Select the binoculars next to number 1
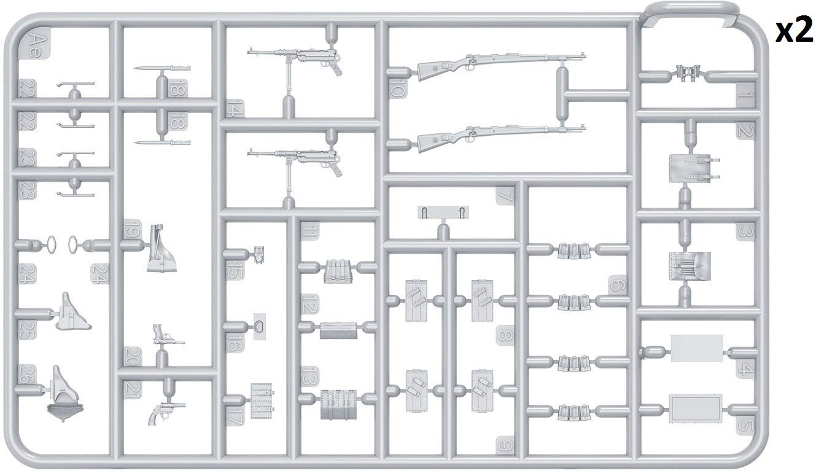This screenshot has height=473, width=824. click(x=685, y=74)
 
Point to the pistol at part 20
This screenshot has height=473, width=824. click(x=162, y=334)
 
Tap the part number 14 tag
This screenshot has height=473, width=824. click(x=233, y=108)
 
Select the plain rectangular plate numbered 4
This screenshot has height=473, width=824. click(x=696, y=348)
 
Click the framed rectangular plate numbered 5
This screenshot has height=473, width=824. click(x=695, y=407)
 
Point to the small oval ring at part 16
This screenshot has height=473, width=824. click(x=260, y=326)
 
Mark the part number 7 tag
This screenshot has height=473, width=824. click(x=505, y=197)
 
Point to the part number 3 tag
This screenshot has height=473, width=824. click(x=744, y=232)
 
